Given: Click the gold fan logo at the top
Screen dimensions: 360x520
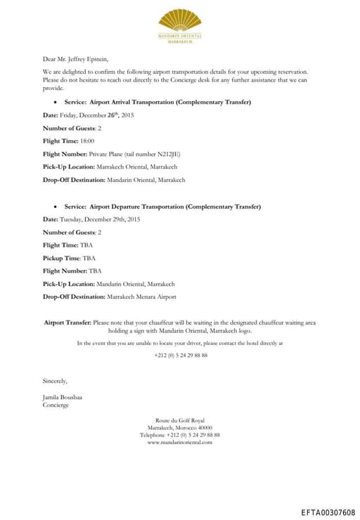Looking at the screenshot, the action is click(180, 20).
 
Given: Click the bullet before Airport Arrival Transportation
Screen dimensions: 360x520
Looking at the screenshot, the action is click(56, 103).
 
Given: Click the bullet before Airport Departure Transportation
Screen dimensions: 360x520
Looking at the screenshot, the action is click(56, 207).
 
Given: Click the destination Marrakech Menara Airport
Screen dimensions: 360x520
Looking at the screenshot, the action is click(141, 297).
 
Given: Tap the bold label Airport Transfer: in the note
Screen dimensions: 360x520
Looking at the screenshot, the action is click(67, 323).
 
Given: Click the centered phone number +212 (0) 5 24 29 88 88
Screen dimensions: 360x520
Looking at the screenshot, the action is click(180, 356).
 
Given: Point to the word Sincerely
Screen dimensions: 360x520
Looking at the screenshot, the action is click(55, 381).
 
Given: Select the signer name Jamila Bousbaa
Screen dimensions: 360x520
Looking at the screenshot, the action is click(63, 398).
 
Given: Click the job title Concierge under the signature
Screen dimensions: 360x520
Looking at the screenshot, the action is click(56, 405).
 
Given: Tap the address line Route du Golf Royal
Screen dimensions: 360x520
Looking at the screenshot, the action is click(180, 421).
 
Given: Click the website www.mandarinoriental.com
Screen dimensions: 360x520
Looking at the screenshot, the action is click(180, 442).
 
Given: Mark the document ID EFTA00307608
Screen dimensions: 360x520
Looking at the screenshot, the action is click(328, 512).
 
